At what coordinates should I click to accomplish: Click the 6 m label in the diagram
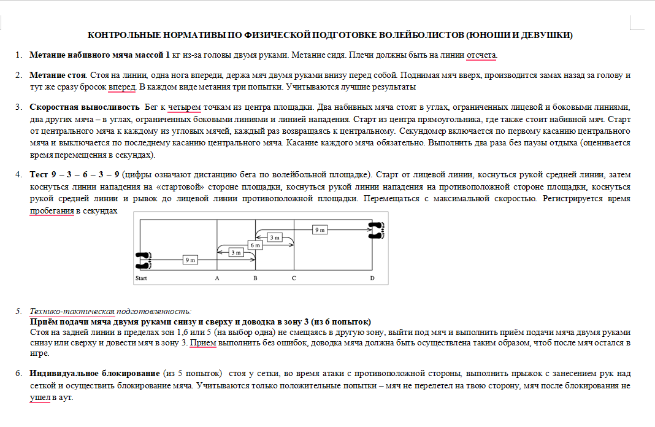[x=255, y=245]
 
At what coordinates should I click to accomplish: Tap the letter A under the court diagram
[x=217, y=279]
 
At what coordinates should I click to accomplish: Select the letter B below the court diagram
[x=255, y=279]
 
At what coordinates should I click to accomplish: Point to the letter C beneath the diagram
[x=294, y=279]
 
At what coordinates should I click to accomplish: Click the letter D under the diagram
[x=372, y=279]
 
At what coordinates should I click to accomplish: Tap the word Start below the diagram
[x=141, y=279]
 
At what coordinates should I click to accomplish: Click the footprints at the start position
[x=144, y=260]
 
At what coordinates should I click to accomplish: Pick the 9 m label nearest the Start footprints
[x=190, y=260]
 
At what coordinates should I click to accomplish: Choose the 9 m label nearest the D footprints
[x=320, y=229]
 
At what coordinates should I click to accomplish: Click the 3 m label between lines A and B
[x=236, y=252]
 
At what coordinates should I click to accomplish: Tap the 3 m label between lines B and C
[x=274, y=237]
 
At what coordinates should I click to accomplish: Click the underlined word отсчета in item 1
[x=481, y=55]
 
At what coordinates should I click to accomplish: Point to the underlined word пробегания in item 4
[x=52, y=210]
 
